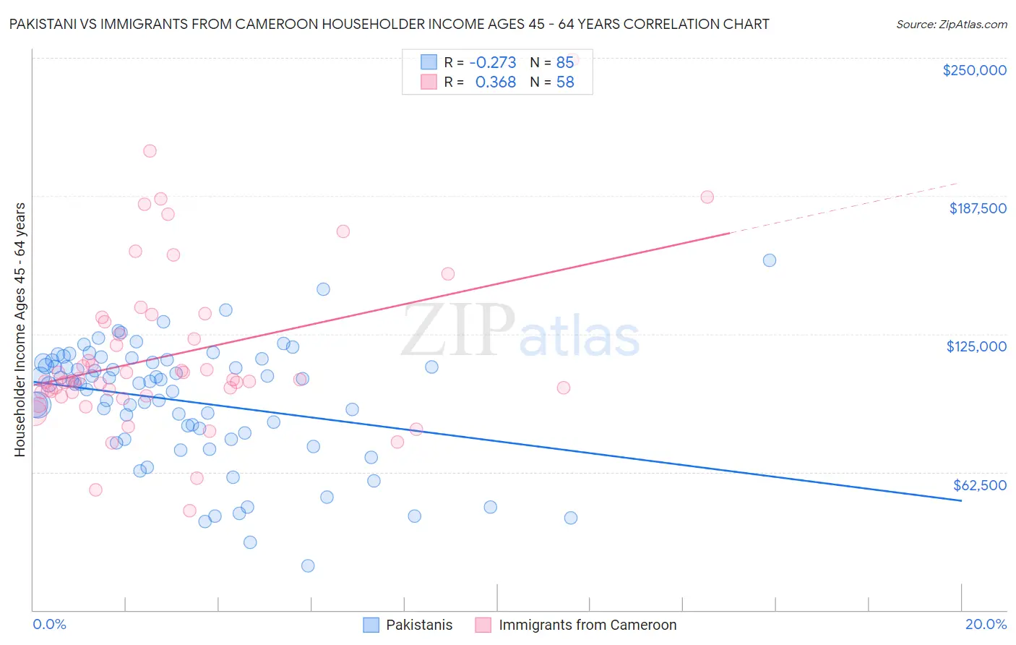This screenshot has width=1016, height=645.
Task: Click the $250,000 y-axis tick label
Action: [x=974, y=70]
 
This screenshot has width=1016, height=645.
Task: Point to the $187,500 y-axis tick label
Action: [x=977, y=208]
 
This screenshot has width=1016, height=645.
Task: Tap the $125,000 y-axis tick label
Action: [x=976, y=346]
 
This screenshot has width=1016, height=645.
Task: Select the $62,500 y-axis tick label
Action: [x=979, y=485]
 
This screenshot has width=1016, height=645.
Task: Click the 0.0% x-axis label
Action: [x=49, y=624]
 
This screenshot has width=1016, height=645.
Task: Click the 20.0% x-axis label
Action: [x=986, y=624]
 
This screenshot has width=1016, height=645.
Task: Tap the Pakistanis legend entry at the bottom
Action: [x=418, y=625]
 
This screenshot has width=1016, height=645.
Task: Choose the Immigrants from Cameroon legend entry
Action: [x=587, y=625]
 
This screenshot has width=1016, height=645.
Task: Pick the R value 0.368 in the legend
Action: [x=495, y=82]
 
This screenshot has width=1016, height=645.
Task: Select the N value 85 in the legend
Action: [x=564, y=62]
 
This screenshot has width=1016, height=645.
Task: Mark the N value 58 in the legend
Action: [x=564, y=82]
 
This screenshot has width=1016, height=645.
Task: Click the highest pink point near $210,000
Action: [x=150, y=151]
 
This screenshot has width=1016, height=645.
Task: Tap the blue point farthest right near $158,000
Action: [x=770, y=260]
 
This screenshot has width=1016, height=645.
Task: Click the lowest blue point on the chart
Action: [x=308, y=565]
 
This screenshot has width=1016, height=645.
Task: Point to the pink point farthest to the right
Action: [x=707, y=197]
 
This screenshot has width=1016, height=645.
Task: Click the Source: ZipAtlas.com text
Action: [x=951, y=24]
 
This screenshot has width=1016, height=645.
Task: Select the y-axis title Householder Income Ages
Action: [x=20, y=330]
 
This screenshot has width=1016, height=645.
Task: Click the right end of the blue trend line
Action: [x=961, y=500]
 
